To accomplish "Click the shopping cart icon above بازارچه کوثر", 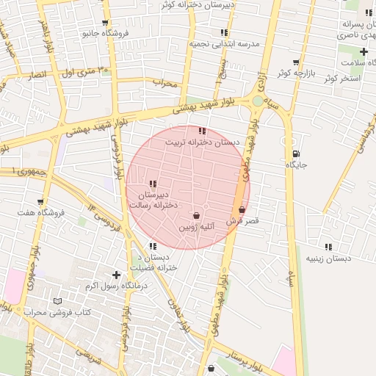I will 296,62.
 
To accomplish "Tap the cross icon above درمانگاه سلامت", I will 364,51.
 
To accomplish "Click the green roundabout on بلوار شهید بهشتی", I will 257,101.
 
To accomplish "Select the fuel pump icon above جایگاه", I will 295,154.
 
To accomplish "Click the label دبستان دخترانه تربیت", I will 203,142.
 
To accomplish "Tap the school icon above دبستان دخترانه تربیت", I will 202,131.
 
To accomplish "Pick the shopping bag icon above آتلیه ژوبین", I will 196,216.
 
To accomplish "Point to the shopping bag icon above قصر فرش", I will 242,210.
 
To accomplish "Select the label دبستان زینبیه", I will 328,258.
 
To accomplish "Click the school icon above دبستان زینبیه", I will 328,247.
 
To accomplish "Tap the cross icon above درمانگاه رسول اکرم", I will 116,275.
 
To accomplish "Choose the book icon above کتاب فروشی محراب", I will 58,301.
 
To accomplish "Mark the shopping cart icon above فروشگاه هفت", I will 40,201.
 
